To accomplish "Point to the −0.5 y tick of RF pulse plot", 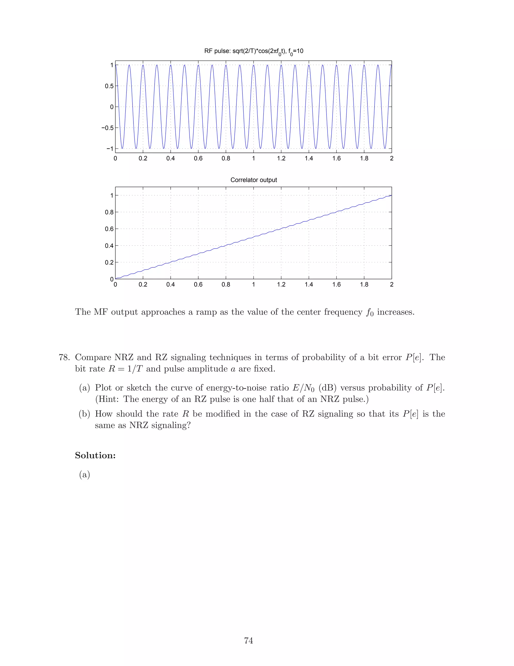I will tap(107, 128).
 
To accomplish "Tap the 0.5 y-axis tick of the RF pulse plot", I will tap(109, 86).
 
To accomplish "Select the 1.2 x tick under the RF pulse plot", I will tap(281, 158).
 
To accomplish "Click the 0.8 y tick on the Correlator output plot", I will tap(109, 212).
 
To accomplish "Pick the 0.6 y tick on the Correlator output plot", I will tap(109, 229).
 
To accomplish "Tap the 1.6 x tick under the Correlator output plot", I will tap(337, 284).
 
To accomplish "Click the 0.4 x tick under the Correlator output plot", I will tap(170, 284).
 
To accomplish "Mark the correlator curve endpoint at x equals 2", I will tap(391, 195).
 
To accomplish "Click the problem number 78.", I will tap(64, 357).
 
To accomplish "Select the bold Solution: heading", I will tap(95, 455).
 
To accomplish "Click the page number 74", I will tap(248, 641).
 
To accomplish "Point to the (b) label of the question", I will tap(84, 414).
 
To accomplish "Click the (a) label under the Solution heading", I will tap(84, 474).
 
